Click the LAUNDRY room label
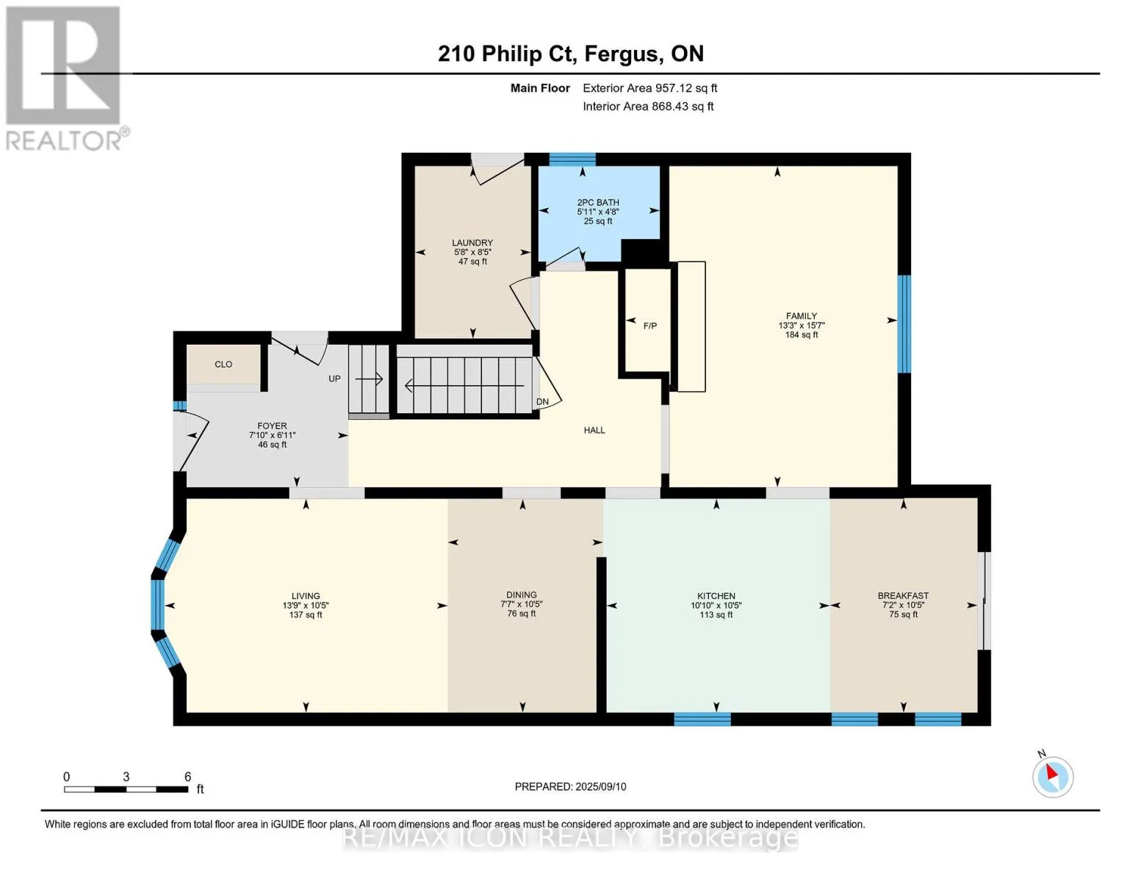472,243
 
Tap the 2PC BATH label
598,202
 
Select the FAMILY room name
802,316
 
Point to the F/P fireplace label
650,326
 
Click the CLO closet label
223,364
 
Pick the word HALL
594,430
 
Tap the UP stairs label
334,379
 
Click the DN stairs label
542,402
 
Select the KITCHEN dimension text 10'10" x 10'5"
716,605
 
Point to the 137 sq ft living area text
306,614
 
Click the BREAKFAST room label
903,595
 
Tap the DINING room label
522,595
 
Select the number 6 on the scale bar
187,776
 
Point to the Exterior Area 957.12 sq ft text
649,88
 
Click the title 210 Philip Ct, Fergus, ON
571,54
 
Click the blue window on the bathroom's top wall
572,159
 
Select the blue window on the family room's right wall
904,323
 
